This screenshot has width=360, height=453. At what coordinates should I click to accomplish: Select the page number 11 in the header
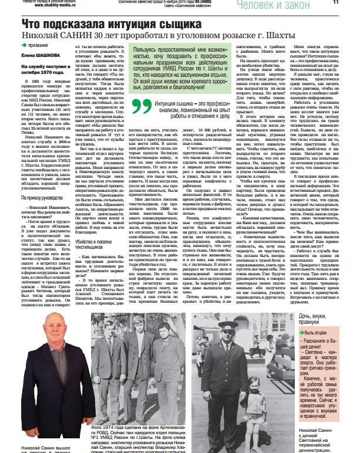coord(352,2)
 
